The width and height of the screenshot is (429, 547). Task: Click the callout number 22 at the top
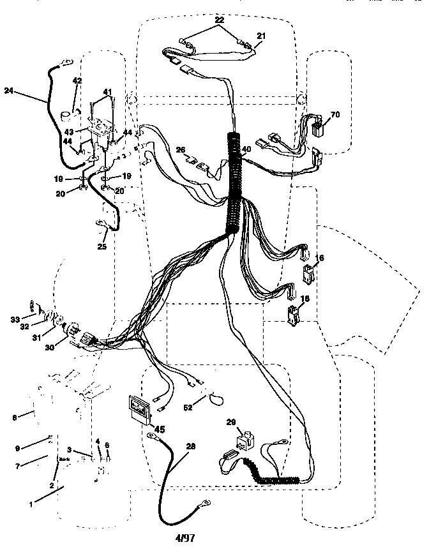(x=219, y=21)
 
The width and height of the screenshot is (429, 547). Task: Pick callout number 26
(x=181, y=150)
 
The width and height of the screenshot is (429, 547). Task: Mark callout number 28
(x=190, y=447)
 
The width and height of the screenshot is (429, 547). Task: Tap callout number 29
(x=232, y=423)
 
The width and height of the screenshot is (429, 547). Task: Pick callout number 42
(x=77, y=80)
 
